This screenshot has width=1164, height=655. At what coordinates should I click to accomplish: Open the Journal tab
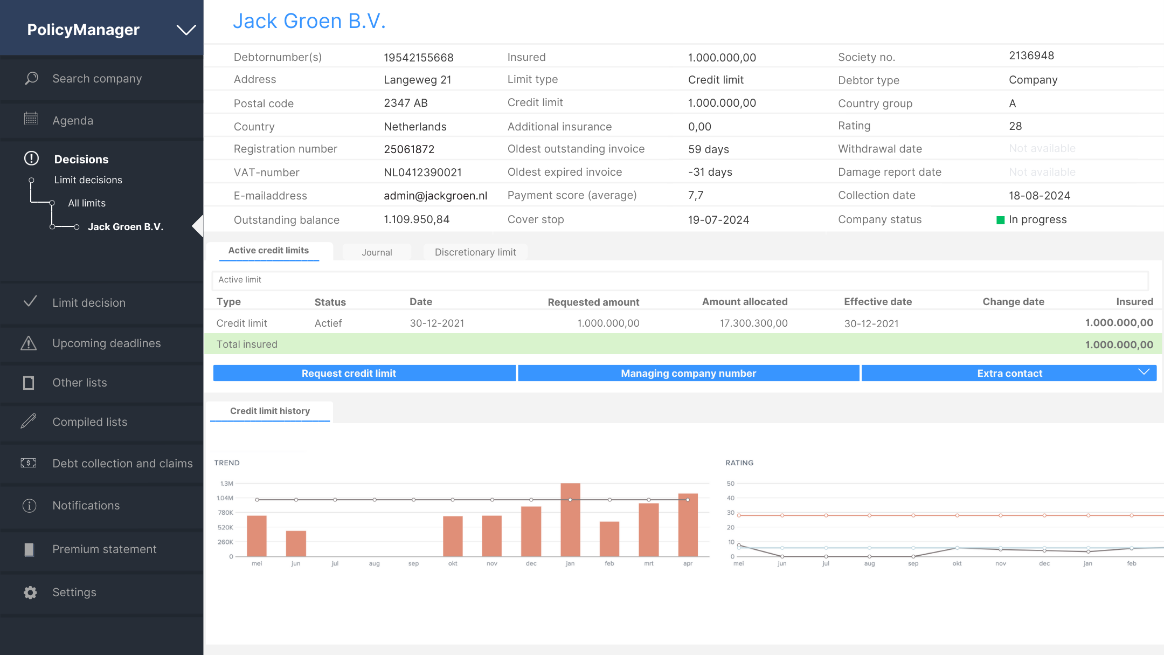(377, 252)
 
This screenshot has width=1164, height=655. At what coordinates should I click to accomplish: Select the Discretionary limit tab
(475, 252)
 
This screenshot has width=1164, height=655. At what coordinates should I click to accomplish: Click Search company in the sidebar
(97, 79)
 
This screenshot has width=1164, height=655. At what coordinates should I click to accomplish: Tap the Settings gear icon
(30, 592)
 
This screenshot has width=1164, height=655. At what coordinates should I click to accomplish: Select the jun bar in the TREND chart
(296, 543)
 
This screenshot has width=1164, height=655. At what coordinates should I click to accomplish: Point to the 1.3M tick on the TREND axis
(227, 484)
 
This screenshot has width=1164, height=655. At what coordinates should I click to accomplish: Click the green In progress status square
(1000, 220)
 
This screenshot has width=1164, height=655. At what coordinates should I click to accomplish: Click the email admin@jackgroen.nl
(435, 196)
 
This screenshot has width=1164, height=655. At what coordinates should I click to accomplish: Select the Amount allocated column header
(744, 302)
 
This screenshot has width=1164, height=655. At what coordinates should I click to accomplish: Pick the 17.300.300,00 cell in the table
(753, 323)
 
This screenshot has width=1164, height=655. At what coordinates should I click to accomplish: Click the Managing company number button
(688, 373)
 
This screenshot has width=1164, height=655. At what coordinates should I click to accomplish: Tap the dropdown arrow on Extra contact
(1144, 373)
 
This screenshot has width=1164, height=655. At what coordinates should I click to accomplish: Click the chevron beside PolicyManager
(186, 30)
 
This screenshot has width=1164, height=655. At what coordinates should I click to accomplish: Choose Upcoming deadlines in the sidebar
(106, 343)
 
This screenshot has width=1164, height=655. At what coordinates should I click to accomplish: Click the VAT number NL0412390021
(422, 173)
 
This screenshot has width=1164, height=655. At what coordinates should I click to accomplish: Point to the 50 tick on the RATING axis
(730, 484)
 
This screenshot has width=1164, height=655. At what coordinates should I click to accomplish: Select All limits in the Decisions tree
(87, 203)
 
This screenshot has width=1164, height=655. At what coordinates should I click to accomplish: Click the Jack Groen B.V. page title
(309, 21)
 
